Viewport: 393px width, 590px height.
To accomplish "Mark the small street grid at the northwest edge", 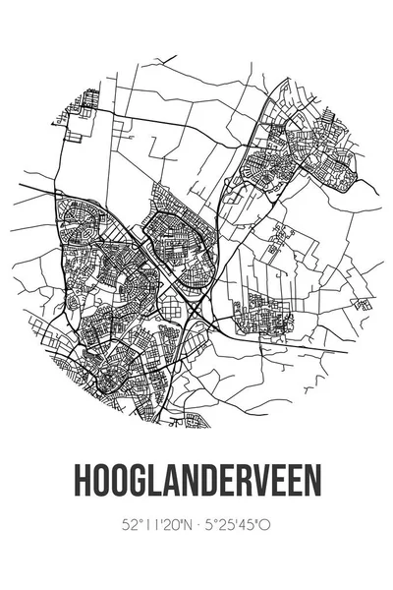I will (86, 103).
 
